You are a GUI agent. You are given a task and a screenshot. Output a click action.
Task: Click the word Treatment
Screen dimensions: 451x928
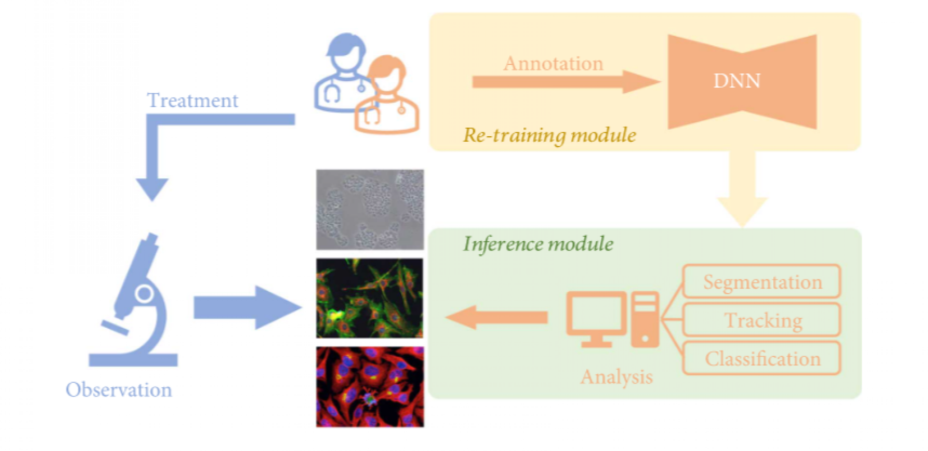tap(192, 101)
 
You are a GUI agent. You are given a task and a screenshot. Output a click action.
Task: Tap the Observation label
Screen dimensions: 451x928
tap(119, 390)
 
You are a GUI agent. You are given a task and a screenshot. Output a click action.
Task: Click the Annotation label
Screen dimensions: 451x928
tap(553, 64)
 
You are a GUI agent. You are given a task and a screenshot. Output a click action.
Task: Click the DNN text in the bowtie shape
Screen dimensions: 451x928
tap(737, 81)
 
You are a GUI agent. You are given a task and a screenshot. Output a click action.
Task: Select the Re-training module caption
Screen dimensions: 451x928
tap(550, 135)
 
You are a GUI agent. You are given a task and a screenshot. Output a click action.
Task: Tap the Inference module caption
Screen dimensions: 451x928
tap(538, 244)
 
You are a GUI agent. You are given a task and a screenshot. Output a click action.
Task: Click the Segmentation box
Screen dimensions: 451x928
tap(762, 281)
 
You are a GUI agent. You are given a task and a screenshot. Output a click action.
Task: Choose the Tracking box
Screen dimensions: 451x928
tap(762, 320)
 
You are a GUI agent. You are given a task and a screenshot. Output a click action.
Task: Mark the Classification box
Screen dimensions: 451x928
tap(762, 358)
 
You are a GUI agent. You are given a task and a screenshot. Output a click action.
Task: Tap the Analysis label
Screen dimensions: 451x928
tap(616, 377)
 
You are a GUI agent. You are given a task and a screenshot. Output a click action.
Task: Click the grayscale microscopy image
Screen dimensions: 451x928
tap(370, 209)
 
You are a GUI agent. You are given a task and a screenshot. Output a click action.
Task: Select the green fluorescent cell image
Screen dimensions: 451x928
tap(370, 298)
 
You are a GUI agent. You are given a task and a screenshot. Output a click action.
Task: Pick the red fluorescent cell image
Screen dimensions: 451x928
tap(370, 387)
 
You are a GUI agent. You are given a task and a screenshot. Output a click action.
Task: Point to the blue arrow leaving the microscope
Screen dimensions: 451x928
tap(246, 307)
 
